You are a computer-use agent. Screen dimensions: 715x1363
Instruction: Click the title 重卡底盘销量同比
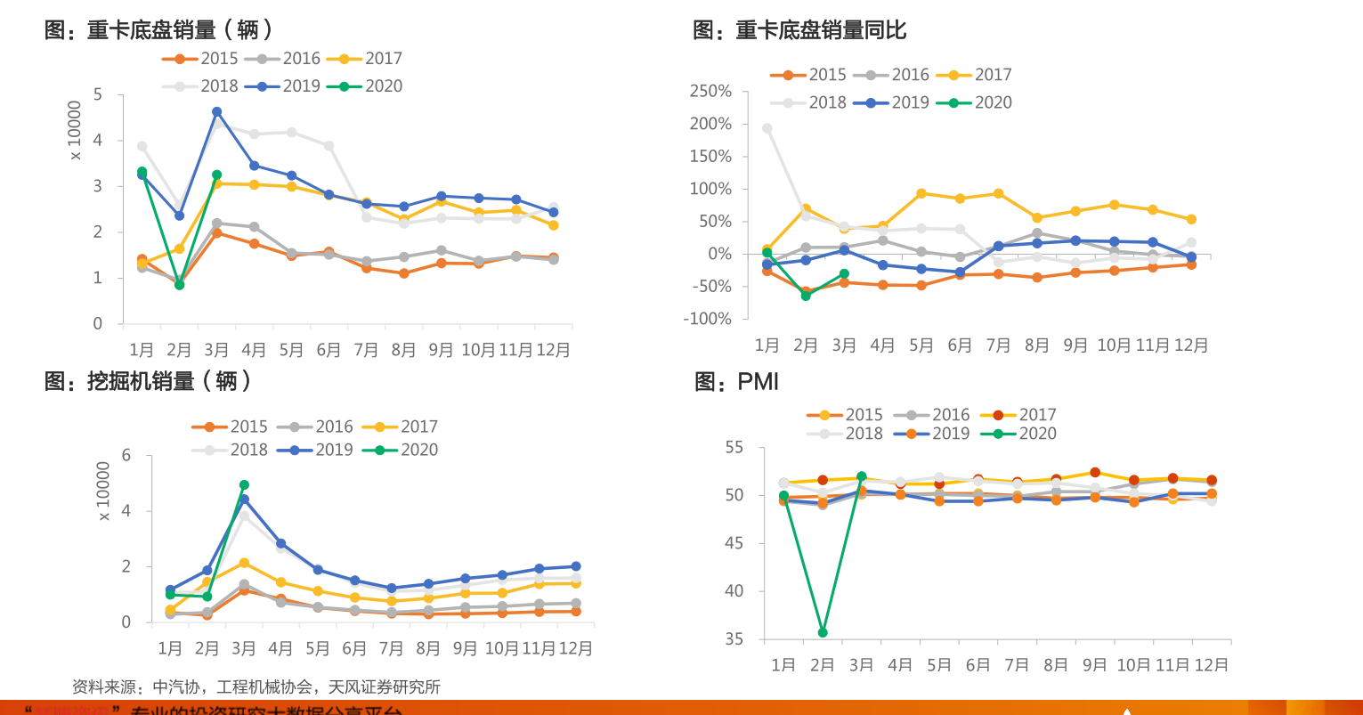[799, 30]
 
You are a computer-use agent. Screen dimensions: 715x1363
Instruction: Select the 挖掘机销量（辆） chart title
[149, 381]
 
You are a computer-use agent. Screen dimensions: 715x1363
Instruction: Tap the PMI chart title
[736, 382]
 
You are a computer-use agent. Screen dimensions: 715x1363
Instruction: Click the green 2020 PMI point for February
[823, 632]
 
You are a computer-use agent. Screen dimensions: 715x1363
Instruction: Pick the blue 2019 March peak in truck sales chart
[216, 112]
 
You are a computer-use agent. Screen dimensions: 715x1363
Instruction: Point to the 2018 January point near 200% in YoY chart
[767, 128]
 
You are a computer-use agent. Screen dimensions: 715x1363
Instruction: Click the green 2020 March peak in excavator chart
[244, 485]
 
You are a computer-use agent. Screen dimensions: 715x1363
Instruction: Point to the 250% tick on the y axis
[710, 91]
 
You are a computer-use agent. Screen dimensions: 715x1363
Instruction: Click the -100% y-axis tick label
[709, 319]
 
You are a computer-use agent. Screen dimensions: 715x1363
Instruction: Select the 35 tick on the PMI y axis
[734, 639]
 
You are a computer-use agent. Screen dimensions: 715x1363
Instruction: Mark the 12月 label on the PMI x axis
[1211, 665]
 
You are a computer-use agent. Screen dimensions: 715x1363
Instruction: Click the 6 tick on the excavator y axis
[126, 455]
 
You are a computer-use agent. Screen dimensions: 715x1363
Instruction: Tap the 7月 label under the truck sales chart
[366, 350]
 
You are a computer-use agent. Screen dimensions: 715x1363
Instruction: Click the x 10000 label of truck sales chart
[75, 130]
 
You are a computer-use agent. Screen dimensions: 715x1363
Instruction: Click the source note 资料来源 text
[256, 687]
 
